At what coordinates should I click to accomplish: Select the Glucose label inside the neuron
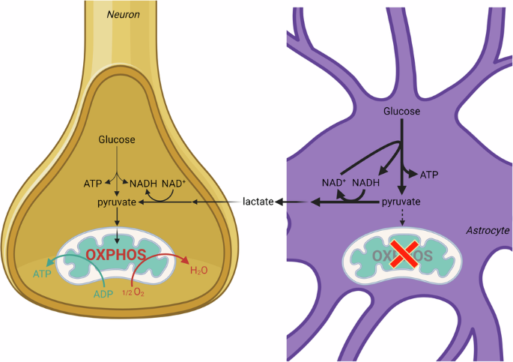pos(116,140)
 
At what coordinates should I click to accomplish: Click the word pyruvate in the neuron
pos(116,203)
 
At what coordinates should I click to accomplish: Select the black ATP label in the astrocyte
pos(430,174)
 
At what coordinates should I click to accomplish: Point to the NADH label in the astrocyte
pos(367,182)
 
